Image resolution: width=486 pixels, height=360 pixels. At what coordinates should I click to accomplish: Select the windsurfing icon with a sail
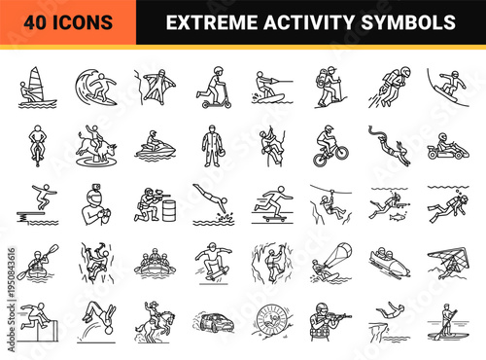point(37,87)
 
